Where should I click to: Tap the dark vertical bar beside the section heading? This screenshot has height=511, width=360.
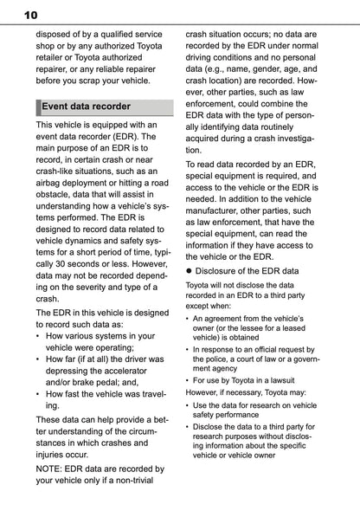[x=38, y=107]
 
